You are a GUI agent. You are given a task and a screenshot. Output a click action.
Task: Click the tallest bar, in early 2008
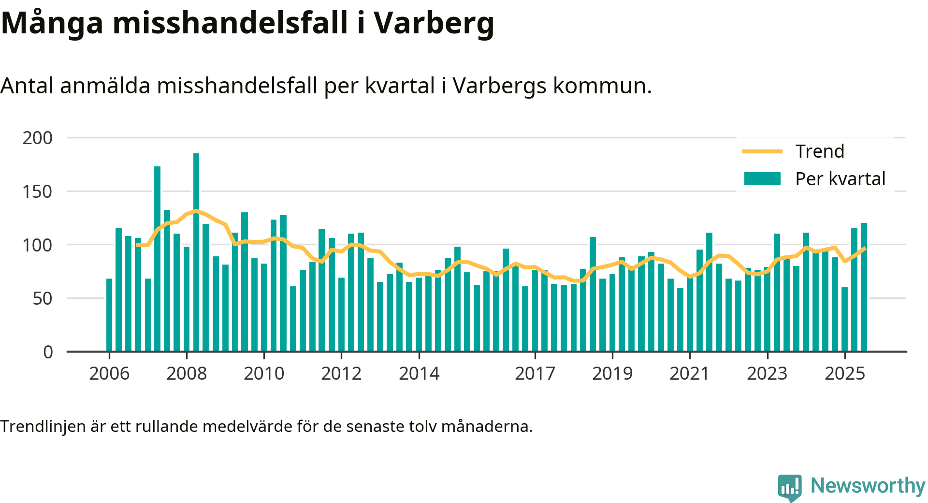pyautogui.click(x=196, y=251)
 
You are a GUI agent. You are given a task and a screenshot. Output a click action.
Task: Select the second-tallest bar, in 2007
pyautogui.click(x=157, y=259)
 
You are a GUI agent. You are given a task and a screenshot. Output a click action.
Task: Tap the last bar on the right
pyautogui.click(x=864, y=287)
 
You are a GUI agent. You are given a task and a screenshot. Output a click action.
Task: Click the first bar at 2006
pyautogui.click(x=109, y=315)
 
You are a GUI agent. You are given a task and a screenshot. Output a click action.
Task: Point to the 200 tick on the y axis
pyautogui.click(x=38, y=138)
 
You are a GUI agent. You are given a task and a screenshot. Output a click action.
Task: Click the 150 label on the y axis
pyautogui.click(x=38, y=192)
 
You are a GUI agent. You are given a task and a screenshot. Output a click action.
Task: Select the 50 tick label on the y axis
pyautogui.click(x=43, y=299)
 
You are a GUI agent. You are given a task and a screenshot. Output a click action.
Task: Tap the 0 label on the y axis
pyautogui.click(x=48, y=352)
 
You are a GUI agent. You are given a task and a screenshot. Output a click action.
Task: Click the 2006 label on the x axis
pyautogui.click(x=109, y=373)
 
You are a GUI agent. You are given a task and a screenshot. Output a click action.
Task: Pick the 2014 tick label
pyautogui.click(x=419, y=373)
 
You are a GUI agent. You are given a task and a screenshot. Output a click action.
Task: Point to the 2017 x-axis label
pyautogui.click(x=535, y=373)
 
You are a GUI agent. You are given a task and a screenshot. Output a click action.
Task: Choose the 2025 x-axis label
pyautogui.click(x=844, y=373)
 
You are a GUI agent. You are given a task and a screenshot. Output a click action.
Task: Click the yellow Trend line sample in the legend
pyautogui.click(x=762, y=151)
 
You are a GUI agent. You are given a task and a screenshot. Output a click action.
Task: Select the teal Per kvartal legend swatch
pyautogui.click(x=762, y=179)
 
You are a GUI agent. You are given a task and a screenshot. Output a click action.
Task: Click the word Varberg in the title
pyautogui.click(x=434, y=23)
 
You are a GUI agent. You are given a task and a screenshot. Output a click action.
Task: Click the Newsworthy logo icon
pyautogui.click(x=789, y=487)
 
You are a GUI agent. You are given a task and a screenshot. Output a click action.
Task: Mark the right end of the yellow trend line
pyautogui.click(x=864, y=249)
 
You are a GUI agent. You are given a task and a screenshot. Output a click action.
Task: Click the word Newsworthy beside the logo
pyautogui.click(x=868, y=486)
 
